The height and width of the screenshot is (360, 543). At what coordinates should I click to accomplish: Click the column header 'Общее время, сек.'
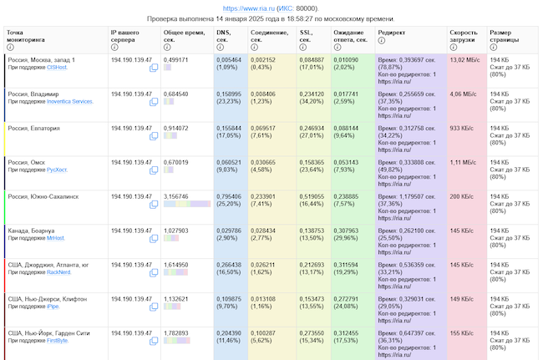pyautogui.click(x=182, y=34)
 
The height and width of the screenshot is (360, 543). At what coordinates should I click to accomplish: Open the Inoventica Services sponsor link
pyautogui.click(x=70, y=102)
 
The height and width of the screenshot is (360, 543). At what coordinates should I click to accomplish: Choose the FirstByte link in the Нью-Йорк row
pyautogui.click(x=58, y=341)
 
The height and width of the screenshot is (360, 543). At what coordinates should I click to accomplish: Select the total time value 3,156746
pyautogui.click(x=175, y=196)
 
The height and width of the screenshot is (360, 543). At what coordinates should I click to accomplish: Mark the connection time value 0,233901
pyautogui.click(x=267, y=196)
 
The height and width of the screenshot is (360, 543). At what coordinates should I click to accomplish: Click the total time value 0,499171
pyautogui.click(x=175, y=60)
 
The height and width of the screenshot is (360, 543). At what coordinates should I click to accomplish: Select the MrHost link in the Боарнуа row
pyautogui.click(x=55, y=238)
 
